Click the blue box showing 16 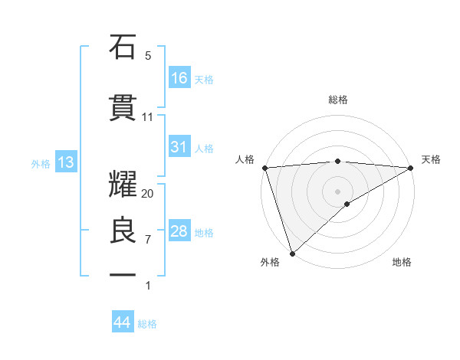pos(179,78)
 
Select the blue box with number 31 pos(179,147)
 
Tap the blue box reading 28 pos(179,231)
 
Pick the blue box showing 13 pos(65,162)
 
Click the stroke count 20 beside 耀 pos(148,194)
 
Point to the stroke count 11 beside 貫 pos(148,117)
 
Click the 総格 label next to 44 pos(147,324)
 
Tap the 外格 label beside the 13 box pos(41,163)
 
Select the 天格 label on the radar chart pos(431,159)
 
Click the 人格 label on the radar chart pos(245,159)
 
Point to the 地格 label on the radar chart pos(402,262)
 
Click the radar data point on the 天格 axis pos(411,167)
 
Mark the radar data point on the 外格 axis pos(291,253)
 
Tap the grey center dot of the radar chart pos(337,191)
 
